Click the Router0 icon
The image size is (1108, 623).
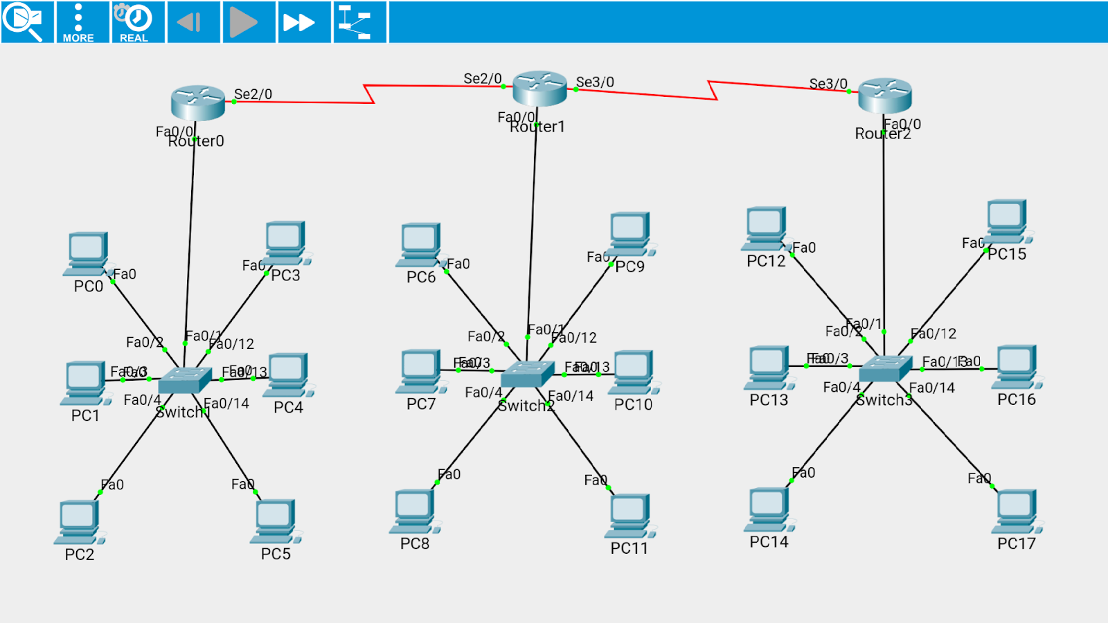[x=197, y=102]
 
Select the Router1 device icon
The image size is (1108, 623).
[x=539, y=88]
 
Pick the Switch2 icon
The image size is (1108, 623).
[x=527, y=374]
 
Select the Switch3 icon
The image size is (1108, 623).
[x=885, y=368]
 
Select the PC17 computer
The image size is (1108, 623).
[x=1016, y=512]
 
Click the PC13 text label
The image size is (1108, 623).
[x=769, y=400]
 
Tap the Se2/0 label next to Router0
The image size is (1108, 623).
[x=253, y=94]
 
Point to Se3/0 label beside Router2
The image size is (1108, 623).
[x=828, y=84]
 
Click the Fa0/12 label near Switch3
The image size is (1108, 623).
[x=934, y=334]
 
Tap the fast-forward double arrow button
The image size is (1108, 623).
[x=298, y=22]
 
